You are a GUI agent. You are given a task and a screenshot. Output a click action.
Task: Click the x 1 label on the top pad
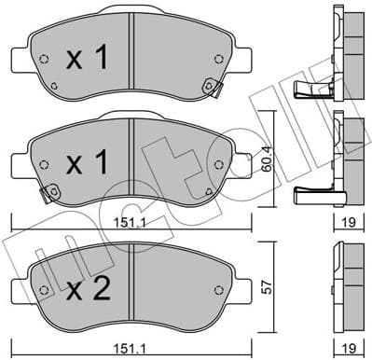[90, 58]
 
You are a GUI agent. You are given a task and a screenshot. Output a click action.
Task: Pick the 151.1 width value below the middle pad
[138, 224]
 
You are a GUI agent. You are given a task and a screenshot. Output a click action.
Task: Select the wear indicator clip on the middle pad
[44, 194]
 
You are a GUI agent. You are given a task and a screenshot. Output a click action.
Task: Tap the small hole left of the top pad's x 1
[44, 59]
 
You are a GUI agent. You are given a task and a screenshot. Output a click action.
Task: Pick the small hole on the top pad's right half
[218, 59]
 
